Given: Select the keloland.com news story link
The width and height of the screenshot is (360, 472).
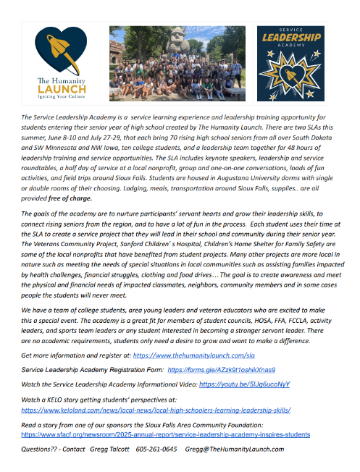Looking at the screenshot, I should click(x=156, y=409).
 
